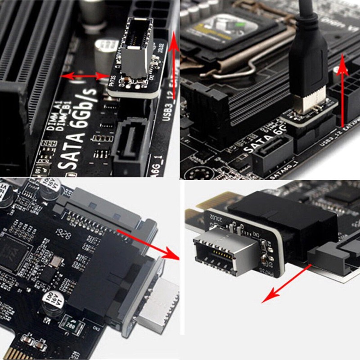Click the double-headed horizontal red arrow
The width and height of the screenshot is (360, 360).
click(x=86, y=76)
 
